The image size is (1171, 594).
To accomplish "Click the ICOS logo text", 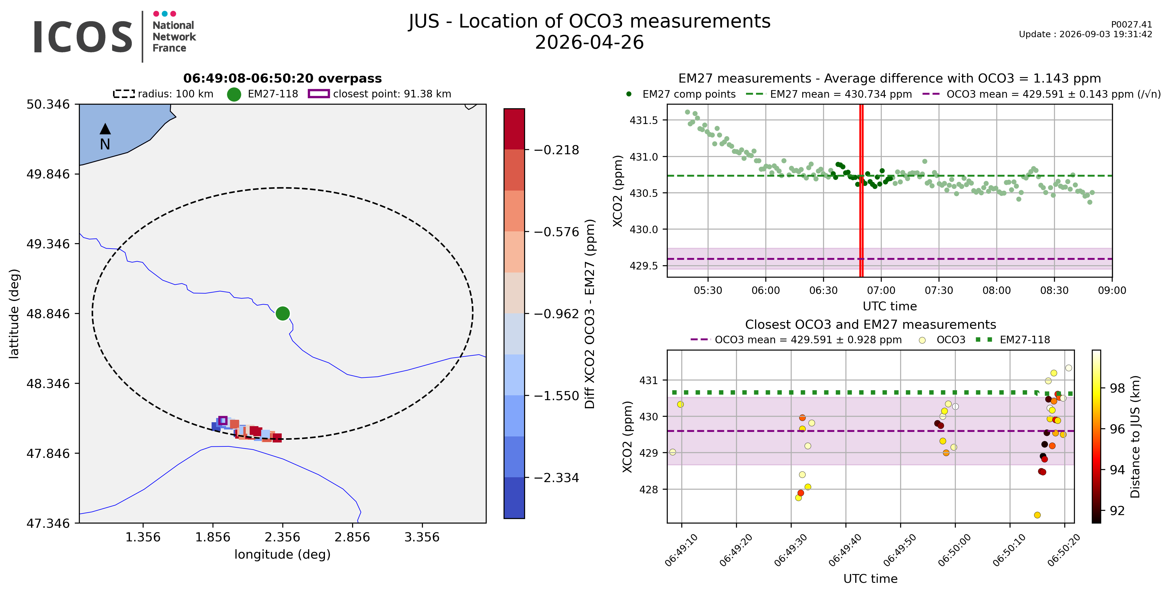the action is (83, 37).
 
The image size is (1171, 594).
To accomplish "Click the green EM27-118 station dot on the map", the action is (283, 313).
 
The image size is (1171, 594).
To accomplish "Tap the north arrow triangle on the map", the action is (105, 129).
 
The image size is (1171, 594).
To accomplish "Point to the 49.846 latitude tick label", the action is (48, 174).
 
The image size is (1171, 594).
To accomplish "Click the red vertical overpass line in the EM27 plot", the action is (861, 190).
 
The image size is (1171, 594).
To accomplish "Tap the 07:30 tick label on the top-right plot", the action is (939, 291).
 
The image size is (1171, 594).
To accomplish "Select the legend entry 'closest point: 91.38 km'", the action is (380, 94).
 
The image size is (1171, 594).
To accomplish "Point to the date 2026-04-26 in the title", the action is (589, 42).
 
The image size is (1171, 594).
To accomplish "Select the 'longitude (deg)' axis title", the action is (282, 554).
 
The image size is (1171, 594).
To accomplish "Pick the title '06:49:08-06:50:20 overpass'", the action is (282, 78).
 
